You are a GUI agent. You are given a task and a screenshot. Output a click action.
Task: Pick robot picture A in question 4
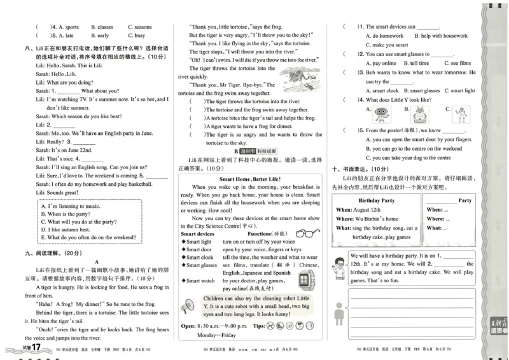pos(382,114)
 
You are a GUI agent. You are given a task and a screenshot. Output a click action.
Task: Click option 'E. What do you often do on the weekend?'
pos(88,237)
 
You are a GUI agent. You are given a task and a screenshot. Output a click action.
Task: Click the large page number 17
pos(36,348)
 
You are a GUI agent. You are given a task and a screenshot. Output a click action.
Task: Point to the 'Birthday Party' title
pos(377,200)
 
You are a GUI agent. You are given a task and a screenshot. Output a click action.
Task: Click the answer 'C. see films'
pos(457,64)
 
